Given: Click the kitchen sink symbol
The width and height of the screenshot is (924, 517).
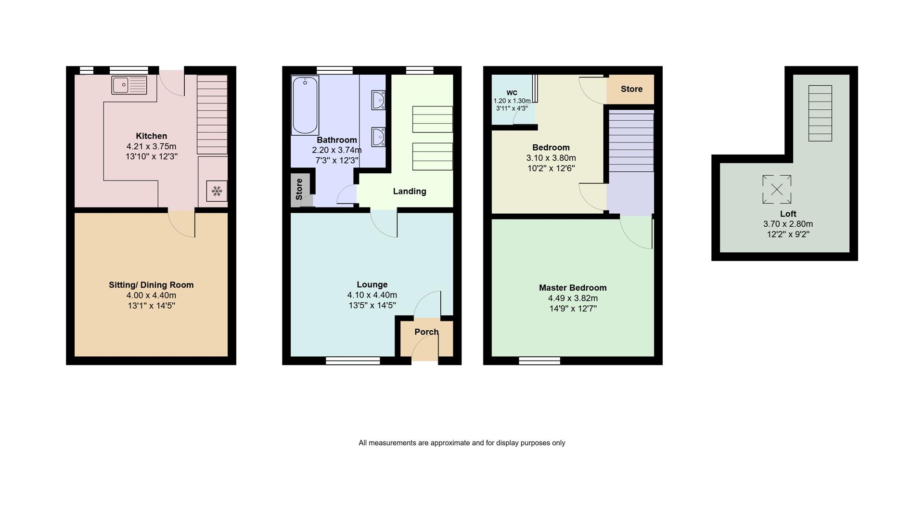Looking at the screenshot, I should point(129,85).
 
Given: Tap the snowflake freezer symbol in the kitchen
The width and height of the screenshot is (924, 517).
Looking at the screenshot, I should point(217,191).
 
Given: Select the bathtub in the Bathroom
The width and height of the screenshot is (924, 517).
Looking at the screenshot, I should point(305,105).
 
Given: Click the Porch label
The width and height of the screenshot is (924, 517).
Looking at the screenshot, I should point(426,332).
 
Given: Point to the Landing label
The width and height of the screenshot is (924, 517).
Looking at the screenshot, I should point(410,192).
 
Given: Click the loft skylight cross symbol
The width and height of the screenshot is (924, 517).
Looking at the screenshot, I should point(776,189).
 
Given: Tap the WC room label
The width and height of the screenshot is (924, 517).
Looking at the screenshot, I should point(512,93).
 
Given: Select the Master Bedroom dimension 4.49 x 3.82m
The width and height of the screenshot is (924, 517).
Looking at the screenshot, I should point(573,298).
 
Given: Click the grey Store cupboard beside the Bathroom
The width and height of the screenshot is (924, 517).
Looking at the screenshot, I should point(299,189).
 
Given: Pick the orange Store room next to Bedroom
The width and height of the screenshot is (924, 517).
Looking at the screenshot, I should point(631,89).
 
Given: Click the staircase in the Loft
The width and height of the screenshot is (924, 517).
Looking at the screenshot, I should point(820,114).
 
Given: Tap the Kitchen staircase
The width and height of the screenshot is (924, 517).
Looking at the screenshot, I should point(212,115).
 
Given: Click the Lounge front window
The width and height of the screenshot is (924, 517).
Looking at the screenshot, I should point(353,361).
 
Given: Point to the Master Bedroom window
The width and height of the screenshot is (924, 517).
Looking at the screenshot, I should point(539,361).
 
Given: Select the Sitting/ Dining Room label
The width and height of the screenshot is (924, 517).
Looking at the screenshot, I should point(151,285).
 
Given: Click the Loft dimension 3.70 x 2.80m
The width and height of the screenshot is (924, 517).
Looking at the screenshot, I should point(788,224).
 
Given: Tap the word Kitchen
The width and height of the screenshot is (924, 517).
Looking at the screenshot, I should point(151,136).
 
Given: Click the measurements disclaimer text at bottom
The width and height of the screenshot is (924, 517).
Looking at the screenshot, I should point(462,443).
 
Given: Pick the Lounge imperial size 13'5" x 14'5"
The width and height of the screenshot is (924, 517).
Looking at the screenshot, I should point(372,306).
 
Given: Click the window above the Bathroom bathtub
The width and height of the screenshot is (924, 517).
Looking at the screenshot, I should point(334,70).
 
